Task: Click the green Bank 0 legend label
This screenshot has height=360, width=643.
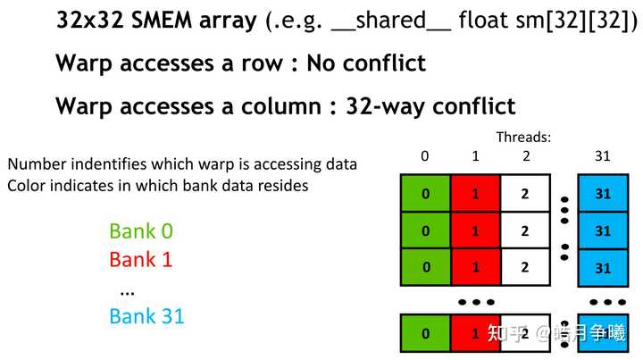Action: (x=141, y=230)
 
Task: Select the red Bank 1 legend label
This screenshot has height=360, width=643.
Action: (x=141, y=260)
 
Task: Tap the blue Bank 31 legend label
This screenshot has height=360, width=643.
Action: (x=146, y=316)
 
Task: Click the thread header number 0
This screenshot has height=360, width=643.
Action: (x=425, y=155)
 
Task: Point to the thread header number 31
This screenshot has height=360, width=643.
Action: (x=603, y=155)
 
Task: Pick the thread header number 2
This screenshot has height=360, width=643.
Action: (x=526, y=155)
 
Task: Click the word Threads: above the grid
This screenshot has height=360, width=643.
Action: (x=523, y=137)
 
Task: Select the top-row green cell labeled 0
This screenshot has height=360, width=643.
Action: (x=426, y=193)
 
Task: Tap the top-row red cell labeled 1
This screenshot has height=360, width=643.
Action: (x=476, y=193)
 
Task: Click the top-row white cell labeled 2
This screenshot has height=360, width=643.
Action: (x=525, y=193)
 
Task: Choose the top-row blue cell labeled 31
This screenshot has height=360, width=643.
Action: (x=603, y=193)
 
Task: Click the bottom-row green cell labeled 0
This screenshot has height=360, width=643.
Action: (x=426, y=333)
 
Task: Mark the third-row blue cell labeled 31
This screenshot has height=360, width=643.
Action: (x=603, y=267)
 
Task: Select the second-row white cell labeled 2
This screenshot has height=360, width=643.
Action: (x=525, y=230)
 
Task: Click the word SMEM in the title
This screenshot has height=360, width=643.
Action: (x=162, y=20)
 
